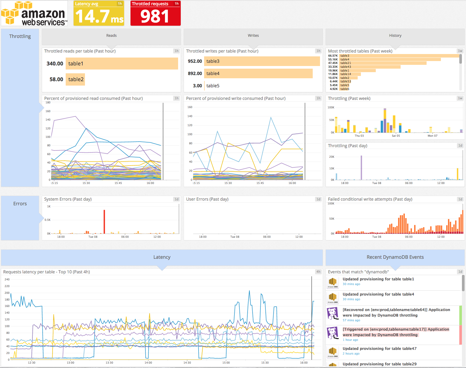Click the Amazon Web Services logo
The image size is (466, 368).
tap(34, 13)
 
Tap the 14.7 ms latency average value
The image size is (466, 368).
tap(99, 16)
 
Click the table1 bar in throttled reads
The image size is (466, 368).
tap(122, 64)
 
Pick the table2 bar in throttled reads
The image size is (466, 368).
tap(76, 79)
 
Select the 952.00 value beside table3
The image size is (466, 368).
tap(195, 61)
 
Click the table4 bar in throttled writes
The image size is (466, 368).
tap(258, 74)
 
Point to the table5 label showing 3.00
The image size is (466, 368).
tap(213, 86)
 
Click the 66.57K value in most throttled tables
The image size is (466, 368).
tap(333, 56)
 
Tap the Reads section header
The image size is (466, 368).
tap(111, 36)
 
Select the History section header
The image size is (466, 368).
tap(395, 36)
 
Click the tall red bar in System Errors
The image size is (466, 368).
tap(104, 221)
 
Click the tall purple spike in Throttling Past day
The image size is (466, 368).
tap(361, 168)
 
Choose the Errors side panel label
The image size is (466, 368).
tap(20, 204)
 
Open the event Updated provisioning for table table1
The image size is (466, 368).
tap(378, 279)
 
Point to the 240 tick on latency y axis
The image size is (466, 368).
tap(7, 280)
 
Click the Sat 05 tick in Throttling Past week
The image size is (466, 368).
tap(396, 136)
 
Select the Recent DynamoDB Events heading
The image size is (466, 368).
tap(395, 257)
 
